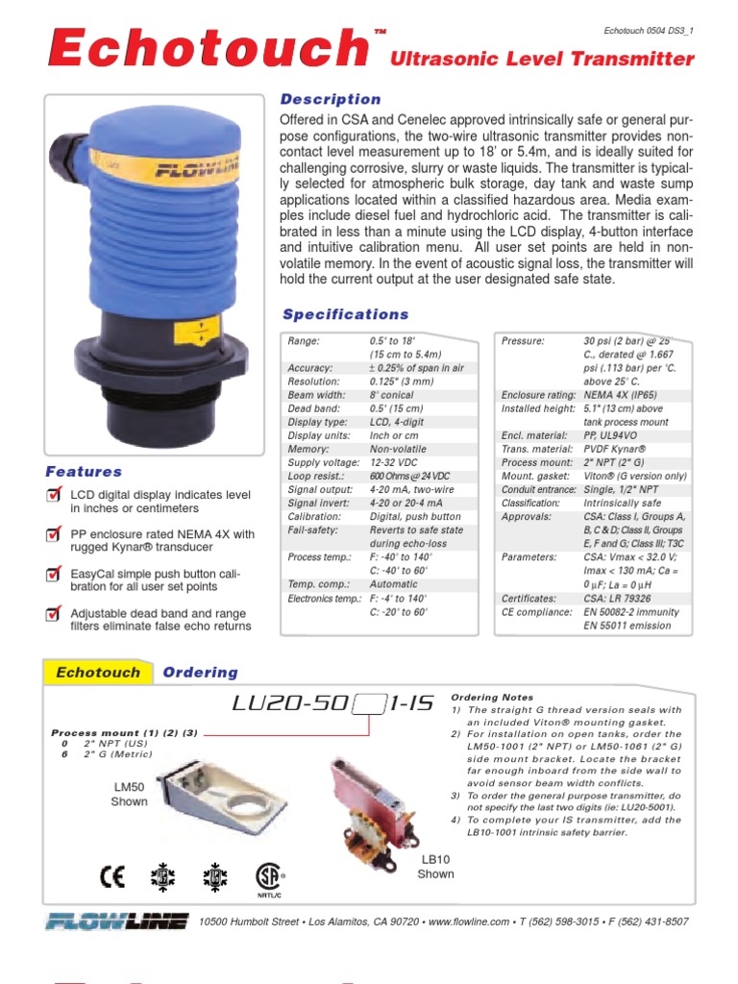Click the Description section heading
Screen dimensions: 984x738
329,99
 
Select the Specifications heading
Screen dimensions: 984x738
345,314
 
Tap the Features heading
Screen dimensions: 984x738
84,472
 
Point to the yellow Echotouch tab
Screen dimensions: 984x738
97,673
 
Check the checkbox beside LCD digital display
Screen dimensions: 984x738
56,495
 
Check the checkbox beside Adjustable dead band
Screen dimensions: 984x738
56,613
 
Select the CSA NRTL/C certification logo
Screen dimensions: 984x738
268,878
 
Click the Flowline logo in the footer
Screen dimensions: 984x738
116,922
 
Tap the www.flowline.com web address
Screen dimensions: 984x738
469,922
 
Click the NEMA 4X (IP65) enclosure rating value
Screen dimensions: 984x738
624,395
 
